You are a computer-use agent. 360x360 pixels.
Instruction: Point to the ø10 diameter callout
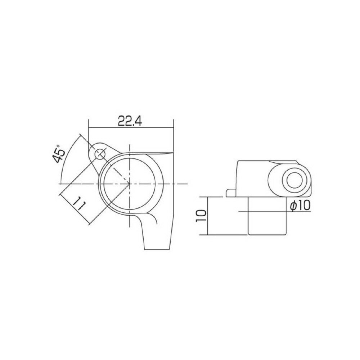(300, 206)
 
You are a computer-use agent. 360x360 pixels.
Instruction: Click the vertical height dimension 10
(201, 216)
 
